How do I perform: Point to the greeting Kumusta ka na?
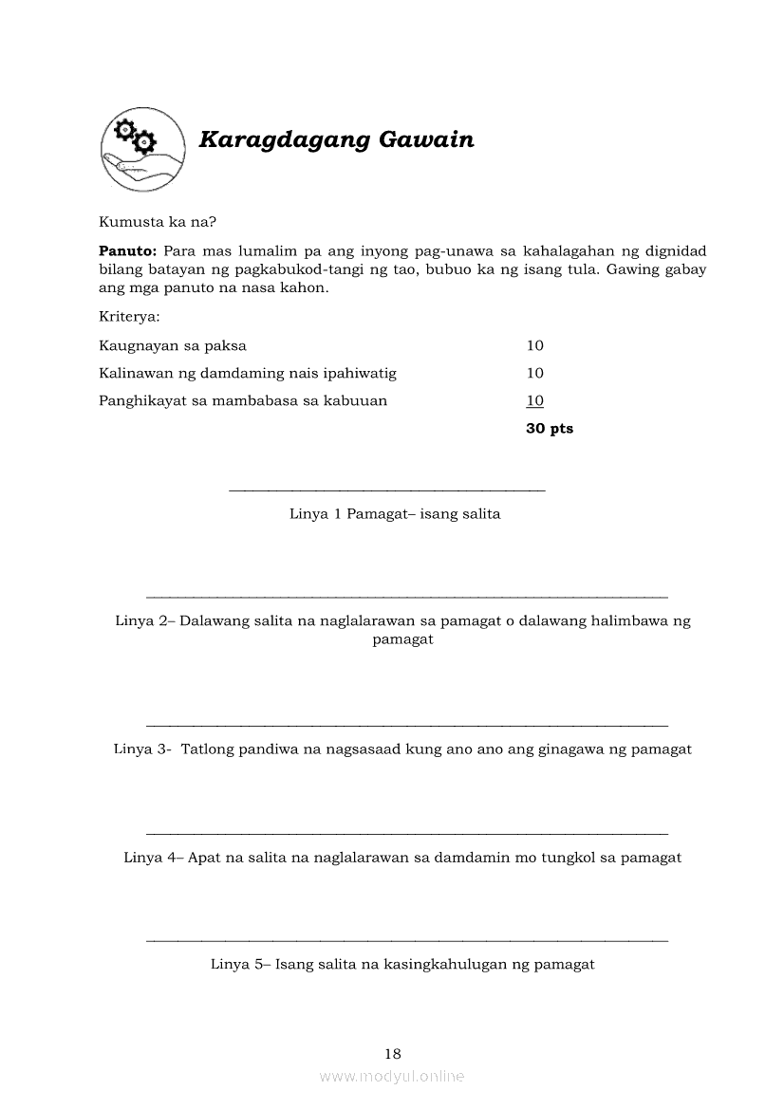pos(158,223)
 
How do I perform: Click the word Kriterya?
pos(129,316)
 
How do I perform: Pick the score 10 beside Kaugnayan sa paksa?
pos(535,346)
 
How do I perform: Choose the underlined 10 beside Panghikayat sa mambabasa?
pos(535,400)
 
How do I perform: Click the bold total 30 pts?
pos(550,429)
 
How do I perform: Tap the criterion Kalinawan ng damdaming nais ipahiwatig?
pos(248,374)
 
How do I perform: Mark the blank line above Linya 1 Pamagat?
pos(387,490)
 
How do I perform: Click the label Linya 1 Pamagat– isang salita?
pos(395,514)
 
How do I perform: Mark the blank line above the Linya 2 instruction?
pos(407,597)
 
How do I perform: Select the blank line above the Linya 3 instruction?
pos(407,724)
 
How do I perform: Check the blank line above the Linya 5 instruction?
pos(407,940)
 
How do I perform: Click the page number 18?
pos(393,1053)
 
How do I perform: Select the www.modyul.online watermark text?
pos(392,1077)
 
